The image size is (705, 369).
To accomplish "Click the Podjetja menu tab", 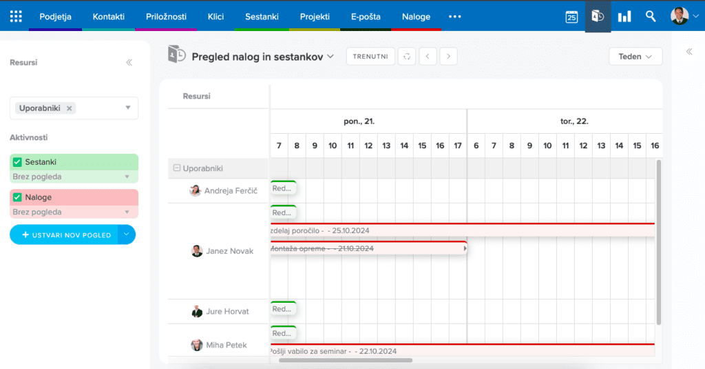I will click(56, 17).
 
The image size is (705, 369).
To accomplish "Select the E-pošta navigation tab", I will click(366, 17).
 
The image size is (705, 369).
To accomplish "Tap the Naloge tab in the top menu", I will click(416, 17).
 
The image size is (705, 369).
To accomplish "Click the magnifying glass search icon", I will click(651, 17).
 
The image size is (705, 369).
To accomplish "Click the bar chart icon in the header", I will click(624, 17).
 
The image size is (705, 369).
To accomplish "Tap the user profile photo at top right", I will click(679, 17).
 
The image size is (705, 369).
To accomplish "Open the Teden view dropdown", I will click(635, 57).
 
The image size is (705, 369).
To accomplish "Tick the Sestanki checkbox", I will click(18, 162).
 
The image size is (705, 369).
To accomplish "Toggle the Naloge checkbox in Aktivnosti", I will click(18, 197).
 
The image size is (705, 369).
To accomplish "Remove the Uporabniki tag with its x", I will click(70, 108).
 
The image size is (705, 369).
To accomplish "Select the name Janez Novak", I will click(229, 251).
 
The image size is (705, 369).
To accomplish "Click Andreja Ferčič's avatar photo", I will click(196, 190).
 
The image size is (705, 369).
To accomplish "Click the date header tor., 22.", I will click(574, 121).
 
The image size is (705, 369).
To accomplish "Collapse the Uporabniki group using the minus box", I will click(177, 168).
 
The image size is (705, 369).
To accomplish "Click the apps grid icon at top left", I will click(16, 17).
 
